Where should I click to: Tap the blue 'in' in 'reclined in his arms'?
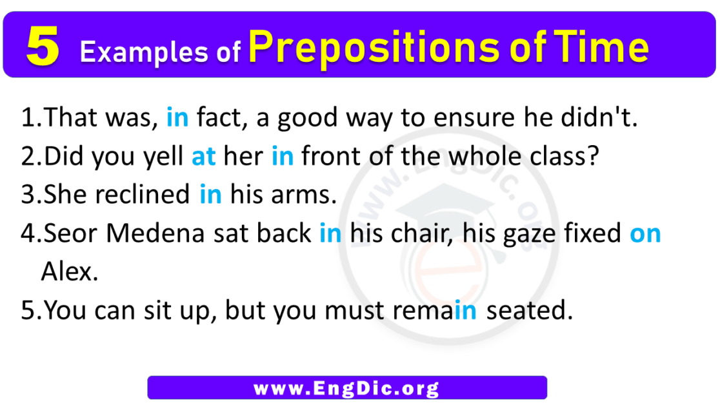tap(210, 195)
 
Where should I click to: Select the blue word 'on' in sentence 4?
tap(645, 233)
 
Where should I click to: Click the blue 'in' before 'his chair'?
tap(330, 233)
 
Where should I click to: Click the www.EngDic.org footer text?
tap(346, 388)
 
